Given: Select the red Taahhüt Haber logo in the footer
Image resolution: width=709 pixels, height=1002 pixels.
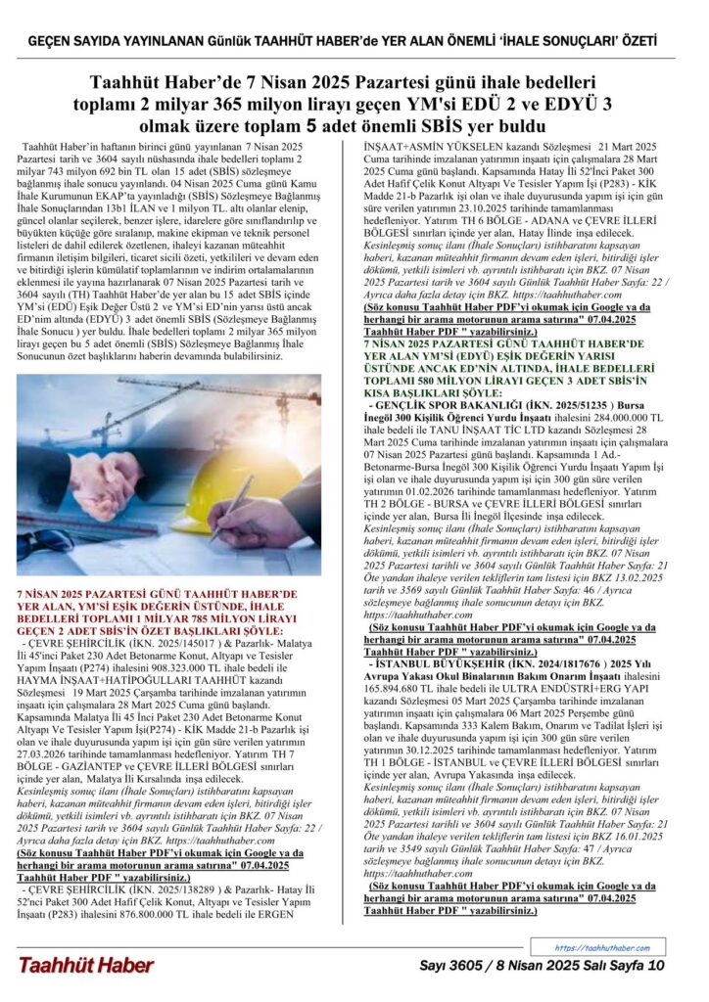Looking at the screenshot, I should pos(85,966).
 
